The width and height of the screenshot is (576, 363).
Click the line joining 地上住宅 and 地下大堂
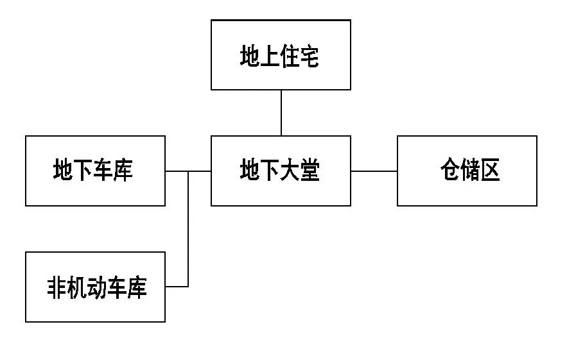(281, 113)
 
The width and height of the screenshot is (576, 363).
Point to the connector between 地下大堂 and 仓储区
(374, 171)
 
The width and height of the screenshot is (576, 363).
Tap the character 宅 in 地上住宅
(310, 56)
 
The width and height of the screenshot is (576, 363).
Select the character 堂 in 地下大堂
(310, 171)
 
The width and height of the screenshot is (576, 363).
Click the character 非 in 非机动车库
(57, 287)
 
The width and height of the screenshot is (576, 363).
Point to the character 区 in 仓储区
(490, 171)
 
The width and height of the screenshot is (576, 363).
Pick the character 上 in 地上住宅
(270, 56)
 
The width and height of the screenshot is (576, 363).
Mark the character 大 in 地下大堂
(290, 171)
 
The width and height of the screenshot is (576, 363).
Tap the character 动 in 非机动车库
(97, 287)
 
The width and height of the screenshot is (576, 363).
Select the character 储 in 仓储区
(470, 171)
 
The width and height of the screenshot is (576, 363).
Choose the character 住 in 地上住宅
(290, 56)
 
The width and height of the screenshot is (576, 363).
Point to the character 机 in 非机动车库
(77, 287)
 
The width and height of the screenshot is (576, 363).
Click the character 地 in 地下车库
(64, 171)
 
